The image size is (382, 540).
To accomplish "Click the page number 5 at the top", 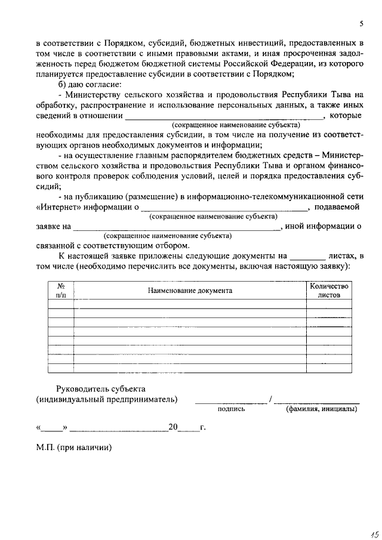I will (x=361, y=24).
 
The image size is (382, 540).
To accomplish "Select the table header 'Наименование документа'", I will (x=190, y=291).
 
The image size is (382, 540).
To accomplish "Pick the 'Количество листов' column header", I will (x=329, y=291).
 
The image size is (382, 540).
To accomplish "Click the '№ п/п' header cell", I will (x=61, y=291).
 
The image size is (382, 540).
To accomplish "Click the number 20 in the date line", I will (x=173, y=427).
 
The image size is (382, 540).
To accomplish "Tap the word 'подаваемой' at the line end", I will (x=338, y=207).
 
